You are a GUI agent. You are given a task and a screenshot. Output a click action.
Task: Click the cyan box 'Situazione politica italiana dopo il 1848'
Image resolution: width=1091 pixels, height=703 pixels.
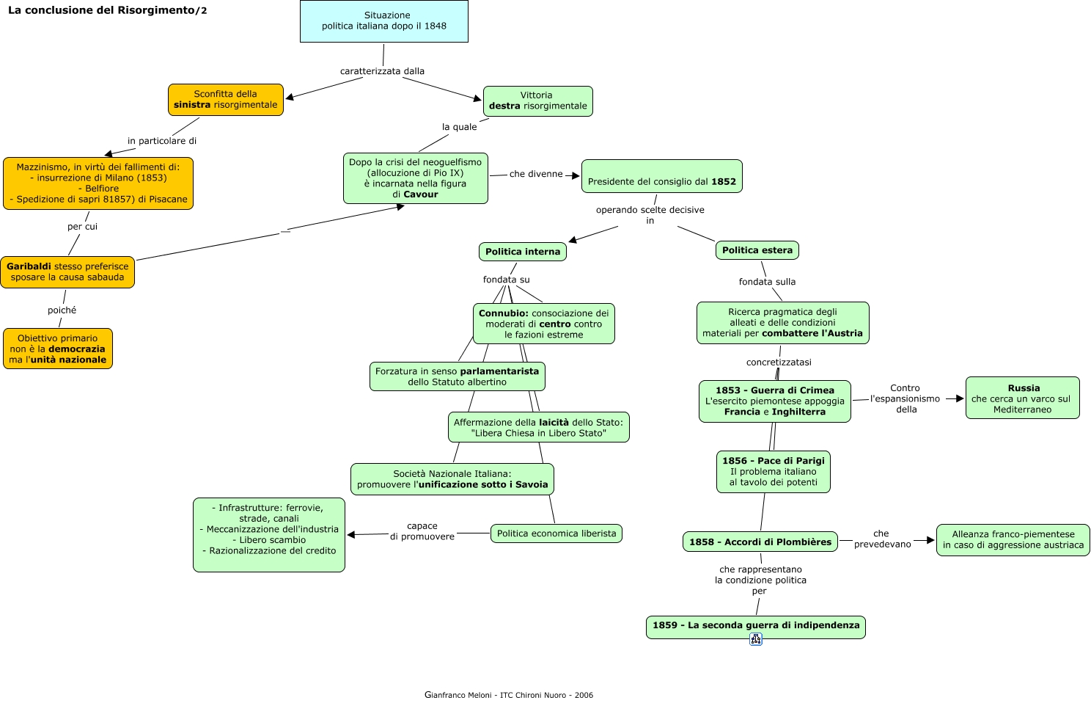[384, 21]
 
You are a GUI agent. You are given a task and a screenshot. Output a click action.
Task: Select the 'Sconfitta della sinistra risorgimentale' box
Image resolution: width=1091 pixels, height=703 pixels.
[226, 100]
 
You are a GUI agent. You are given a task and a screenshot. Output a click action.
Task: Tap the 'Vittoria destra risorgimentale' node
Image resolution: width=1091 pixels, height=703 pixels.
[538, 101]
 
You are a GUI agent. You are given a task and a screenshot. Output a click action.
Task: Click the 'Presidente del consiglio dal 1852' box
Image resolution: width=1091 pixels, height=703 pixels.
[661, 177]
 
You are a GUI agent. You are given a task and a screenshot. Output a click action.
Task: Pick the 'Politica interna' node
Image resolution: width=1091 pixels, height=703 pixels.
[522, 252]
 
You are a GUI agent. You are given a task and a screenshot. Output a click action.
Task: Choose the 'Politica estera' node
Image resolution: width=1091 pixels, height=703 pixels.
[757, 250]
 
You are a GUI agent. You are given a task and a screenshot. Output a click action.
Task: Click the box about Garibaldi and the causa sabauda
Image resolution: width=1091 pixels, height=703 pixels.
[67, 272]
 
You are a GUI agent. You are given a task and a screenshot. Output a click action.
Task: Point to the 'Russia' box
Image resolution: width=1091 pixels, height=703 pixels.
[1022, 398]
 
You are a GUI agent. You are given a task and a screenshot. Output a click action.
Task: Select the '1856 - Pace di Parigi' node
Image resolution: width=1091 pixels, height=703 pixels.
[773, 472]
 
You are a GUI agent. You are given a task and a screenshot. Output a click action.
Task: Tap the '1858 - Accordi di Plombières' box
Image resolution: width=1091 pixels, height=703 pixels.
[760, 542]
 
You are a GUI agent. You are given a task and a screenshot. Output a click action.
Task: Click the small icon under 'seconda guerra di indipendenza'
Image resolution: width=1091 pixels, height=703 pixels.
[756, 639]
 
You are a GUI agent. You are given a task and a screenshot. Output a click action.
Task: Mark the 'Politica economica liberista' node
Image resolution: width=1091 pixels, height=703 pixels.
[556, 533]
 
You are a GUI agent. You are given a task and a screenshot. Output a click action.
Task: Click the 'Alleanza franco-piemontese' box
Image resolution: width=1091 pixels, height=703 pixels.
[1013, 540]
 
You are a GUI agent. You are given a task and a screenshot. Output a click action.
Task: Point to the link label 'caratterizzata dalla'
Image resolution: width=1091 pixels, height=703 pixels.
[382, 71]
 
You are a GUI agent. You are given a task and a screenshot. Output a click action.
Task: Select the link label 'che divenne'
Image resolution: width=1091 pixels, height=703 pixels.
[536, 174]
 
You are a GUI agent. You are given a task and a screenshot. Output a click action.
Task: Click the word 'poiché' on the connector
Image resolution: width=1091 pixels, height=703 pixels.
[62, 310]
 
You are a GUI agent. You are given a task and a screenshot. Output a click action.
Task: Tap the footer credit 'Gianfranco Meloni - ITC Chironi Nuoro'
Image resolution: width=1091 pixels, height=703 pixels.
[508, 695]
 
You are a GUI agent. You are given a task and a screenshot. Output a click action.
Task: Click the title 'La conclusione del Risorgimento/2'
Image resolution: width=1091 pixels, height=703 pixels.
[107, 10]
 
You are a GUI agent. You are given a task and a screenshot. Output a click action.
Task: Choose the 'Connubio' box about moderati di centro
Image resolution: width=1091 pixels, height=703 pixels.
[543, 324]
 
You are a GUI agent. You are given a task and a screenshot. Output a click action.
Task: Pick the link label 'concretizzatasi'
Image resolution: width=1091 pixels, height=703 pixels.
[779, 362]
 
